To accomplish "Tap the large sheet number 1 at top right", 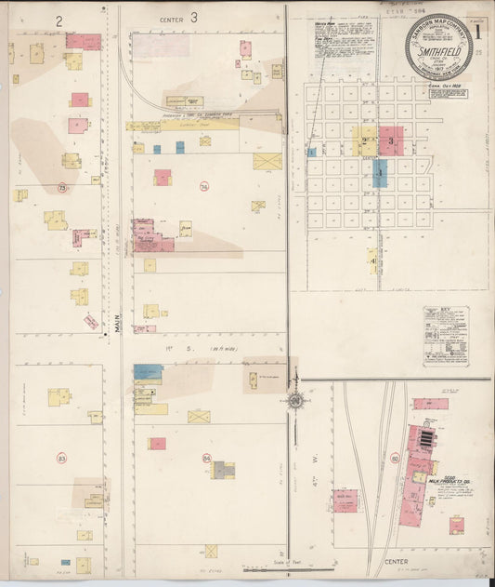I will click(478, 28).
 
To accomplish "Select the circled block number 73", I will click(62, 188).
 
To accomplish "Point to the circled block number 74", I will click(203, 187).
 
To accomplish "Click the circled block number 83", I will click(62, 458).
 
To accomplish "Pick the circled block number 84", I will click(206, 458).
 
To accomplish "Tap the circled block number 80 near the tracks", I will click(395, 458).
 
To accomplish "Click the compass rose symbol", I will click(295, 401).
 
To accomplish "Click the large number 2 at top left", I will click(59, 19).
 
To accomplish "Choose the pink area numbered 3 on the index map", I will click(391, 141).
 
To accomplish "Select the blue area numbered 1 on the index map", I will click(380, 173).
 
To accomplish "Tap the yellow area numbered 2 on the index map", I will click(364, 141).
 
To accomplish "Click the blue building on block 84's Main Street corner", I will click(147, 371).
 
